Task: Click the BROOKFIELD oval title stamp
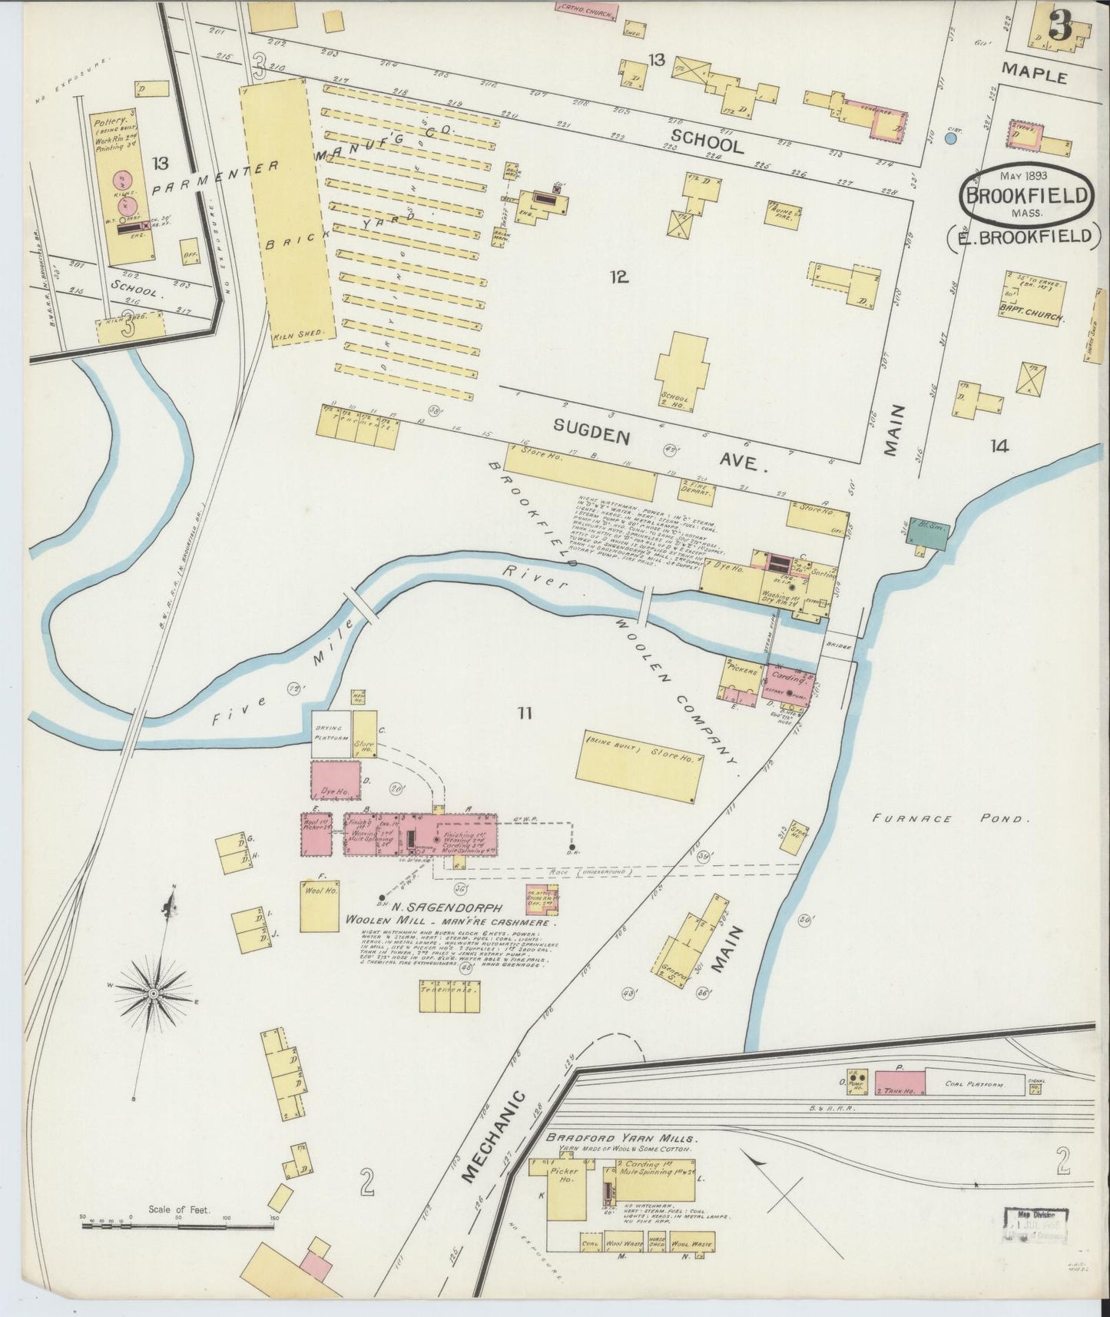click(1027, 195)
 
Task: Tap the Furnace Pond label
click(949, 818)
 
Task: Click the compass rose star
click(154, 994)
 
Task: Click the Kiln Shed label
click(302, 335)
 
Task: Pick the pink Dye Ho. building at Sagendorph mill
click(336, 781)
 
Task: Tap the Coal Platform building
click(976, 1084)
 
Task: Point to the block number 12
click(619, 276)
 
